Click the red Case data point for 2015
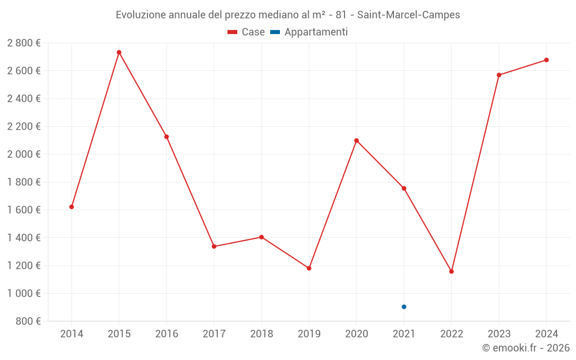119,52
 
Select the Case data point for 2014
71,207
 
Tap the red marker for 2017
214,247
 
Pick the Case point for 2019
309,268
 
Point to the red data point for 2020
357,141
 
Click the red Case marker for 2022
452,271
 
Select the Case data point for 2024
547,60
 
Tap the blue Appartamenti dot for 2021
404,307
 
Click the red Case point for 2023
499,75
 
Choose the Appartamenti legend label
316,32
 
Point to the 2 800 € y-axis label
24,43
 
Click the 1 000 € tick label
24,294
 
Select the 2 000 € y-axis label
24,154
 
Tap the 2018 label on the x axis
262,334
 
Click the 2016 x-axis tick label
166,334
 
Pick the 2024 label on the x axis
547,334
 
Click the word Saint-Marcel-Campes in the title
408,15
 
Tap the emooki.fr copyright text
526,348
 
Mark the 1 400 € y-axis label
24,238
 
